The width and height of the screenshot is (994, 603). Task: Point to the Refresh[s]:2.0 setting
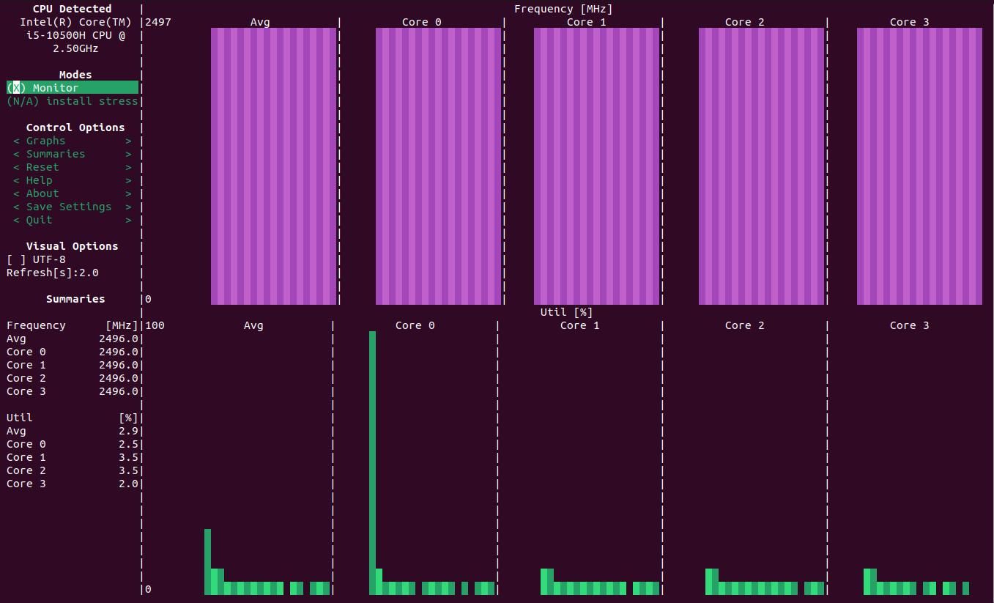53,273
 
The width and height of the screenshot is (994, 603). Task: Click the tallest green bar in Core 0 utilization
372,462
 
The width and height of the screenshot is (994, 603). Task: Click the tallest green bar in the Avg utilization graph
207,561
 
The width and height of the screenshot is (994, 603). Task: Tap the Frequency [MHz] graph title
563,9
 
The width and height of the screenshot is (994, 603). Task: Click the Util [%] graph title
566,312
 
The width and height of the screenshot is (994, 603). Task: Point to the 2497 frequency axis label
158,22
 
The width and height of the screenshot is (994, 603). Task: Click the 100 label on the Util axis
155,325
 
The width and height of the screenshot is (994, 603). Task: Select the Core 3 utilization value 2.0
128,484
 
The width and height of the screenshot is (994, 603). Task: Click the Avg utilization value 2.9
128,431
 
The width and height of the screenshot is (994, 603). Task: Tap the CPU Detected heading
72,9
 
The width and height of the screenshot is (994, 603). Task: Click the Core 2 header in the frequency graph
744,22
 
